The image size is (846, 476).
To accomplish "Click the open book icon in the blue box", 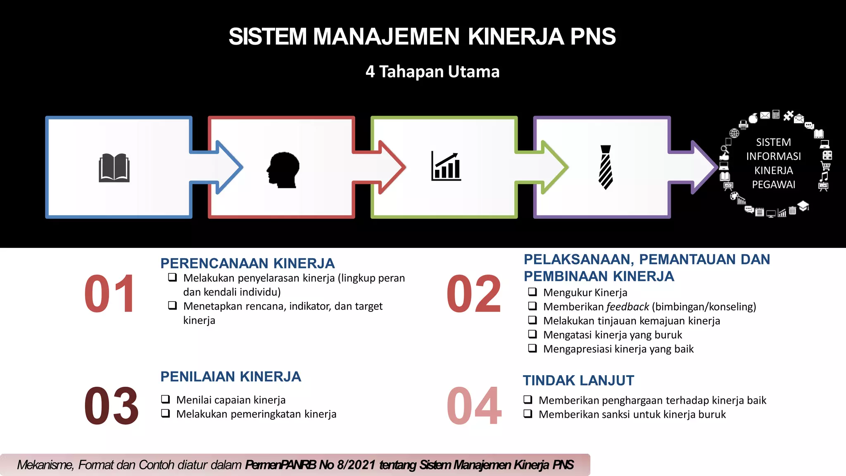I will [114, 168].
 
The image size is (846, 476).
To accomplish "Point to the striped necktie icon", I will [606, 167].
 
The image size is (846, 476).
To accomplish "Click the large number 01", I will [110, 294].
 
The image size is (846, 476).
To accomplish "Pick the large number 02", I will [474, 294].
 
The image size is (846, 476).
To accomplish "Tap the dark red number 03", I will [111, 406].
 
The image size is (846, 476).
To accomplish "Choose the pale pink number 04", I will [474, 406].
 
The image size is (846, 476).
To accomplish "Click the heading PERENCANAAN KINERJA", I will [247, 263].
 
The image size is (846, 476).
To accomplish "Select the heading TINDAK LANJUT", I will [578, 380].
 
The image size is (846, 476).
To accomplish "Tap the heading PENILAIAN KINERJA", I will [231, 376].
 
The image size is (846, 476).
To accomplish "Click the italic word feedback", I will [627, 307].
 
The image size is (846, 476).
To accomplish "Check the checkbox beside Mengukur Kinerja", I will [532, 292].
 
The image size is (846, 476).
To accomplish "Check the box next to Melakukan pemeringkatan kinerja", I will [166, 413].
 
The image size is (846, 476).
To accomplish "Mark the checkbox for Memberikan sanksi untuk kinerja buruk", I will [528, 414].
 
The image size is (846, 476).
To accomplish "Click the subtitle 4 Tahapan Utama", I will [433, 72].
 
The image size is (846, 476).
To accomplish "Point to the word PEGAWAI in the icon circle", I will [773, 185].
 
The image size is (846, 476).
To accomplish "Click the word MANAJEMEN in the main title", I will [386, 37].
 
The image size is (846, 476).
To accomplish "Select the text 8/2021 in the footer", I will [356, 465].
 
